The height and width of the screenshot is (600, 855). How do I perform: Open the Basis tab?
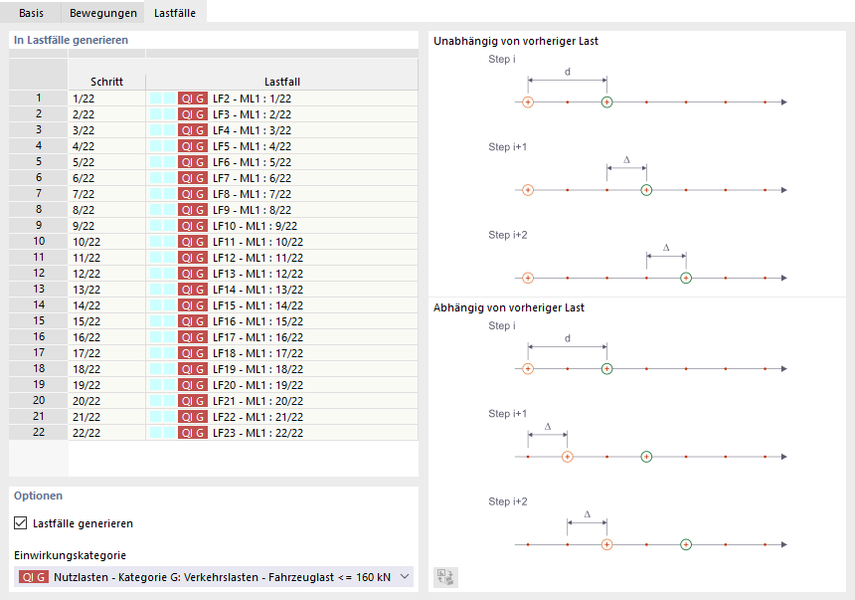click(x=31, y=13)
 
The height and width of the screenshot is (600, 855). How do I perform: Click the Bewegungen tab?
click(x=102, y=13)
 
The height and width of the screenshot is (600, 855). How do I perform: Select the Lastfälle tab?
click(x=173, y=13)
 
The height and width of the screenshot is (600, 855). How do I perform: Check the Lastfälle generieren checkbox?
click(x=21, y=522)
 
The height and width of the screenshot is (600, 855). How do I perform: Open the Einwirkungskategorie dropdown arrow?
click(x=404, y=576)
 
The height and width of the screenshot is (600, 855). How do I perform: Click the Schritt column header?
click(x=106, y=82)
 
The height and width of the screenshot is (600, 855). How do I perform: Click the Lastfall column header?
click(x=281, y=82)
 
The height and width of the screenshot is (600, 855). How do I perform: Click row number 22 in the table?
click(x=39, y=433)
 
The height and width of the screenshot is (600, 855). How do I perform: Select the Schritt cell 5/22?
click(x=84, y=162)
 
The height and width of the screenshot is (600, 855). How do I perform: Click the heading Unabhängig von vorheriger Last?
click(x=516, y=42)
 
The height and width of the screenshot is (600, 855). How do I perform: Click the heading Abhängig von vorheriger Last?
click(x=509, y=308)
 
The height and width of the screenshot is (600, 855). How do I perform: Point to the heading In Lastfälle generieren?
click(x=71, y=40)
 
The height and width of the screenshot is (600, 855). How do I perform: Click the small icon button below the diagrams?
click(x=445, y=576)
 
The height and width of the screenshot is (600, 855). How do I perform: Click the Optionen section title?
click(x=39, y=496)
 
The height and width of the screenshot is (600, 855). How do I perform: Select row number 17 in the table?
click(x=39, y=353)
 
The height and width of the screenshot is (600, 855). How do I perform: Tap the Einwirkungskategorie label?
click(x=70, y=555)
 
